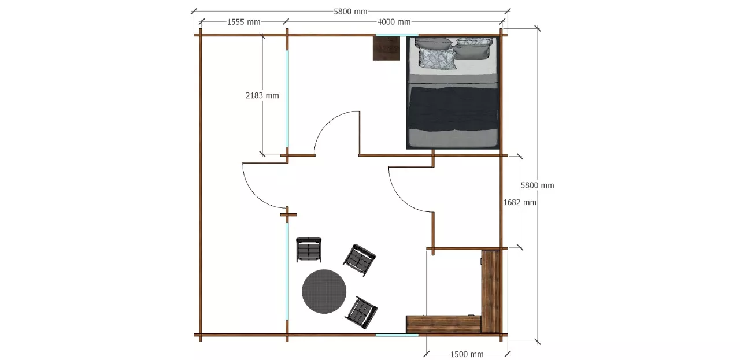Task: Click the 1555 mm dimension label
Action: click(243, 22)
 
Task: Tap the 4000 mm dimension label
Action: click(394, 22)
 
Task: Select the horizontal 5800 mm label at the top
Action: click(350, 12)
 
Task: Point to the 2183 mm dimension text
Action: click(262, 95)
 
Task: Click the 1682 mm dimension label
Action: click(520, 202)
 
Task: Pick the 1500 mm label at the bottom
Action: click(467, 354)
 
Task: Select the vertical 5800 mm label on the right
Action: click(538, 185)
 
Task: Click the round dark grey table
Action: click(324, 291)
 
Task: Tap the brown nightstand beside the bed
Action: click(386, 49)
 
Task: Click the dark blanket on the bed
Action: click(454, 108)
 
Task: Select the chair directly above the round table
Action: click(309, 250)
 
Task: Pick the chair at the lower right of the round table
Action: click(361, 313)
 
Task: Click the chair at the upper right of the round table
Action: click(359, 260)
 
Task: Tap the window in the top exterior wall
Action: click(397, 35)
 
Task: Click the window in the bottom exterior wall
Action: click(397, 335)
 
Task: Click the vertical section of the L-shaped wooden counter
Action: click(491, 291)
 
